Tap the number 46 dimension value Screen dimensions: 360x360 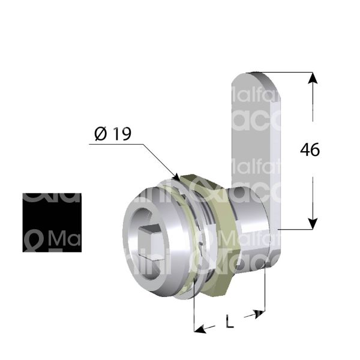click(x=310, y=149)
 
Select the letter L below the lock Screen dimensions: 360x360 click(x=229, y=322)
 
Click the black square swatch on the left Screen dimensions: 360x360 click(x=52, y=222)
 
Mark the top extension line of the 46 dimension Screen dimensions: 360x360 click(x=288, y=73)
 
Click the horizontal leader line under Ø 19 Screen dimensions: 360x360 click(x=114, y=145)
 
